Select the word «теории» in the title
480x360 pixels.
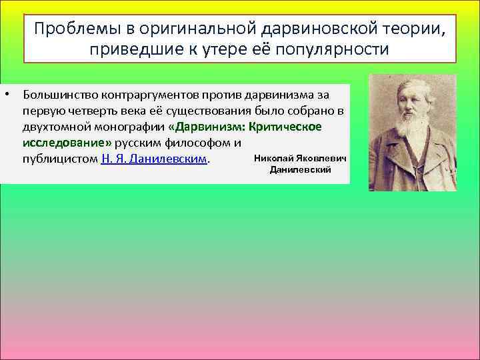(411, 29)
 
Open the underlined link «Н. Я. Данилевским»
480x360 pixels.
(154, 160)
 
